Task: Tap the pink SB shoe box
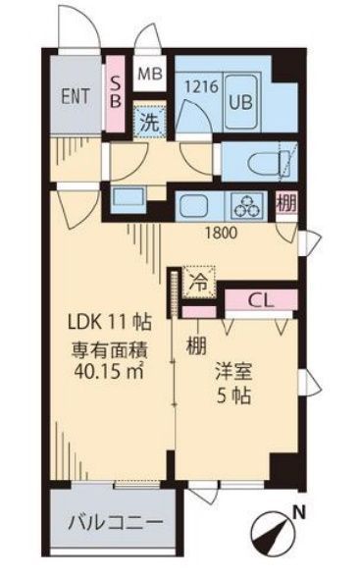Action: click(x=114, y=87)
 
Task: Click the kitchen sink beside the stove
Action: click(x=194, y=206)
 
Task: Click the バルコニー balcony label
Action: click(x=114, y=521)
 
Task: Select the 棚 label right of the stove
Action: click(x=285, y=205)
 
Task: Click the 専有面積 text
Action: click(x=107, y=347)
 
